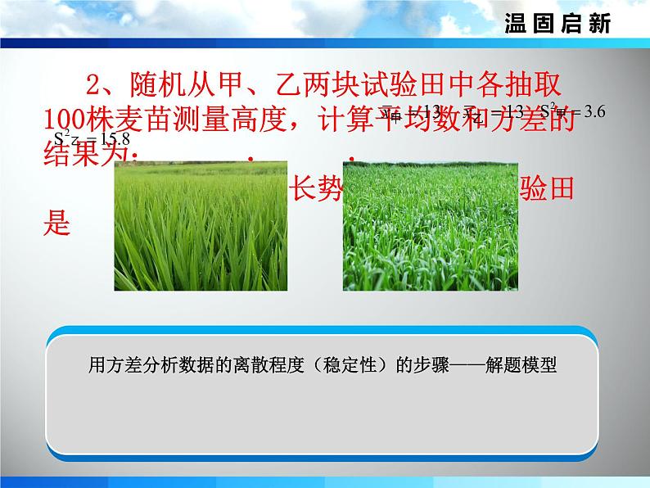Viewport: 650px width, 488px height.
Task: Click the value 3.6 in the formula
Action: tap(589, 113)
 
